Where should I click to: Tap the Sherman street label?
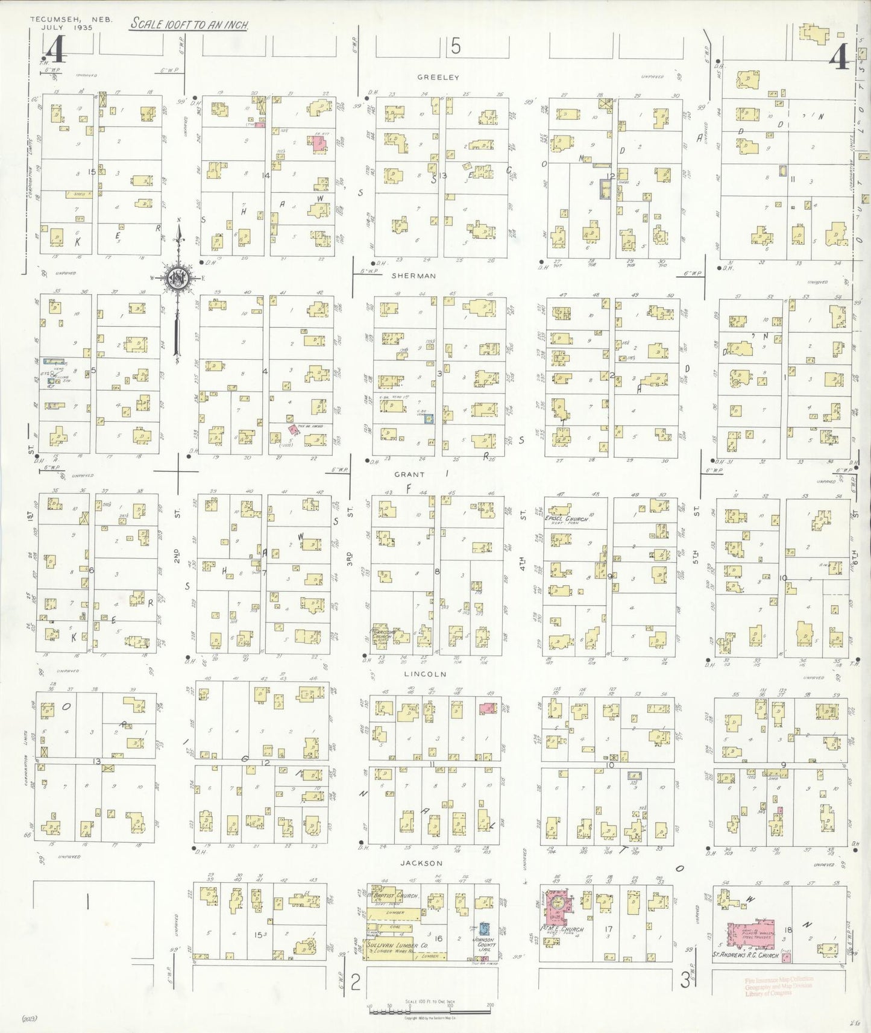[413, 275]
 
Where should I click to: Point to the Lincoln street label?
[425, 674]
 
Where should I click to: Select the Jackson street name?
[421, 863]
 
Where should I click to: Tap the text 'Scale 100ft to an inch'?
[189, 25]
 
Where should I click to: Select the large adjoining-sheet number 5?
[455, 46]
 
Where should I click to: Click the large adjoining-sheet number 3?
[685, 981]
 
